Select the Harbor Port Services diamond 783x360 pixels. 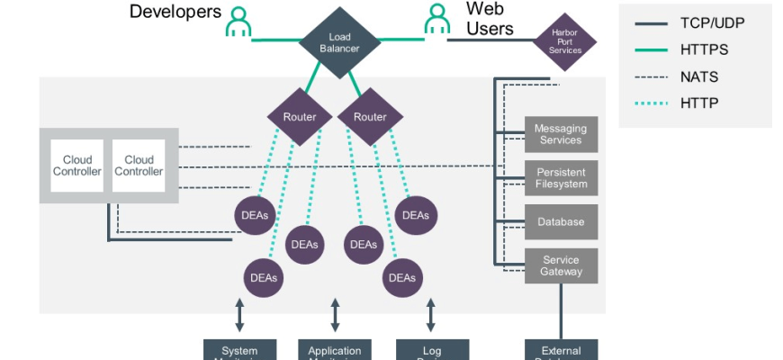[565, 40]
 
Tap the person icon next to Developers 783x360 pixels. [238, 22]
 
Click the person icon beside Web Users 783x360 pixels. [437, 20]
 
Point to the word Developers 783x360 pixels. [175, 12]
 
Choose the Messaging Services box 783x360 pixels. [561, 134]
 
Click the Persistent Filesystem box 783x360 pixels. [561, 178]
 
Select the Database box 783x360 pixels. [561, 221]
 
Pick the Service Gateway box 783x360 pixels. [561, 265]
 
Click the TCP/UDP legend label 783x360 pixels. [713, 24]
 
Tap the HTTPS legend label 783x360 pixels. [705, 50]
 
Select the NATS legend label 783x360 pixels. [700, 76]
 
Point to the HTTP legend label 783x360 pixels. [698, 103]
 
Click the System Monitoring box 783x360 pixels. [239, 350]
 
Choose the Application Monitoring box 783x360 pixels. [335, 350]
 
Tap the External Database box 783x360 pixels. [561, 350]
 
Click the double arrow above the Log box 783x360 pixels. [431, 315]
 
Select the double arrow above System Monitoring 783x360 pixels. [239, 315]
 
